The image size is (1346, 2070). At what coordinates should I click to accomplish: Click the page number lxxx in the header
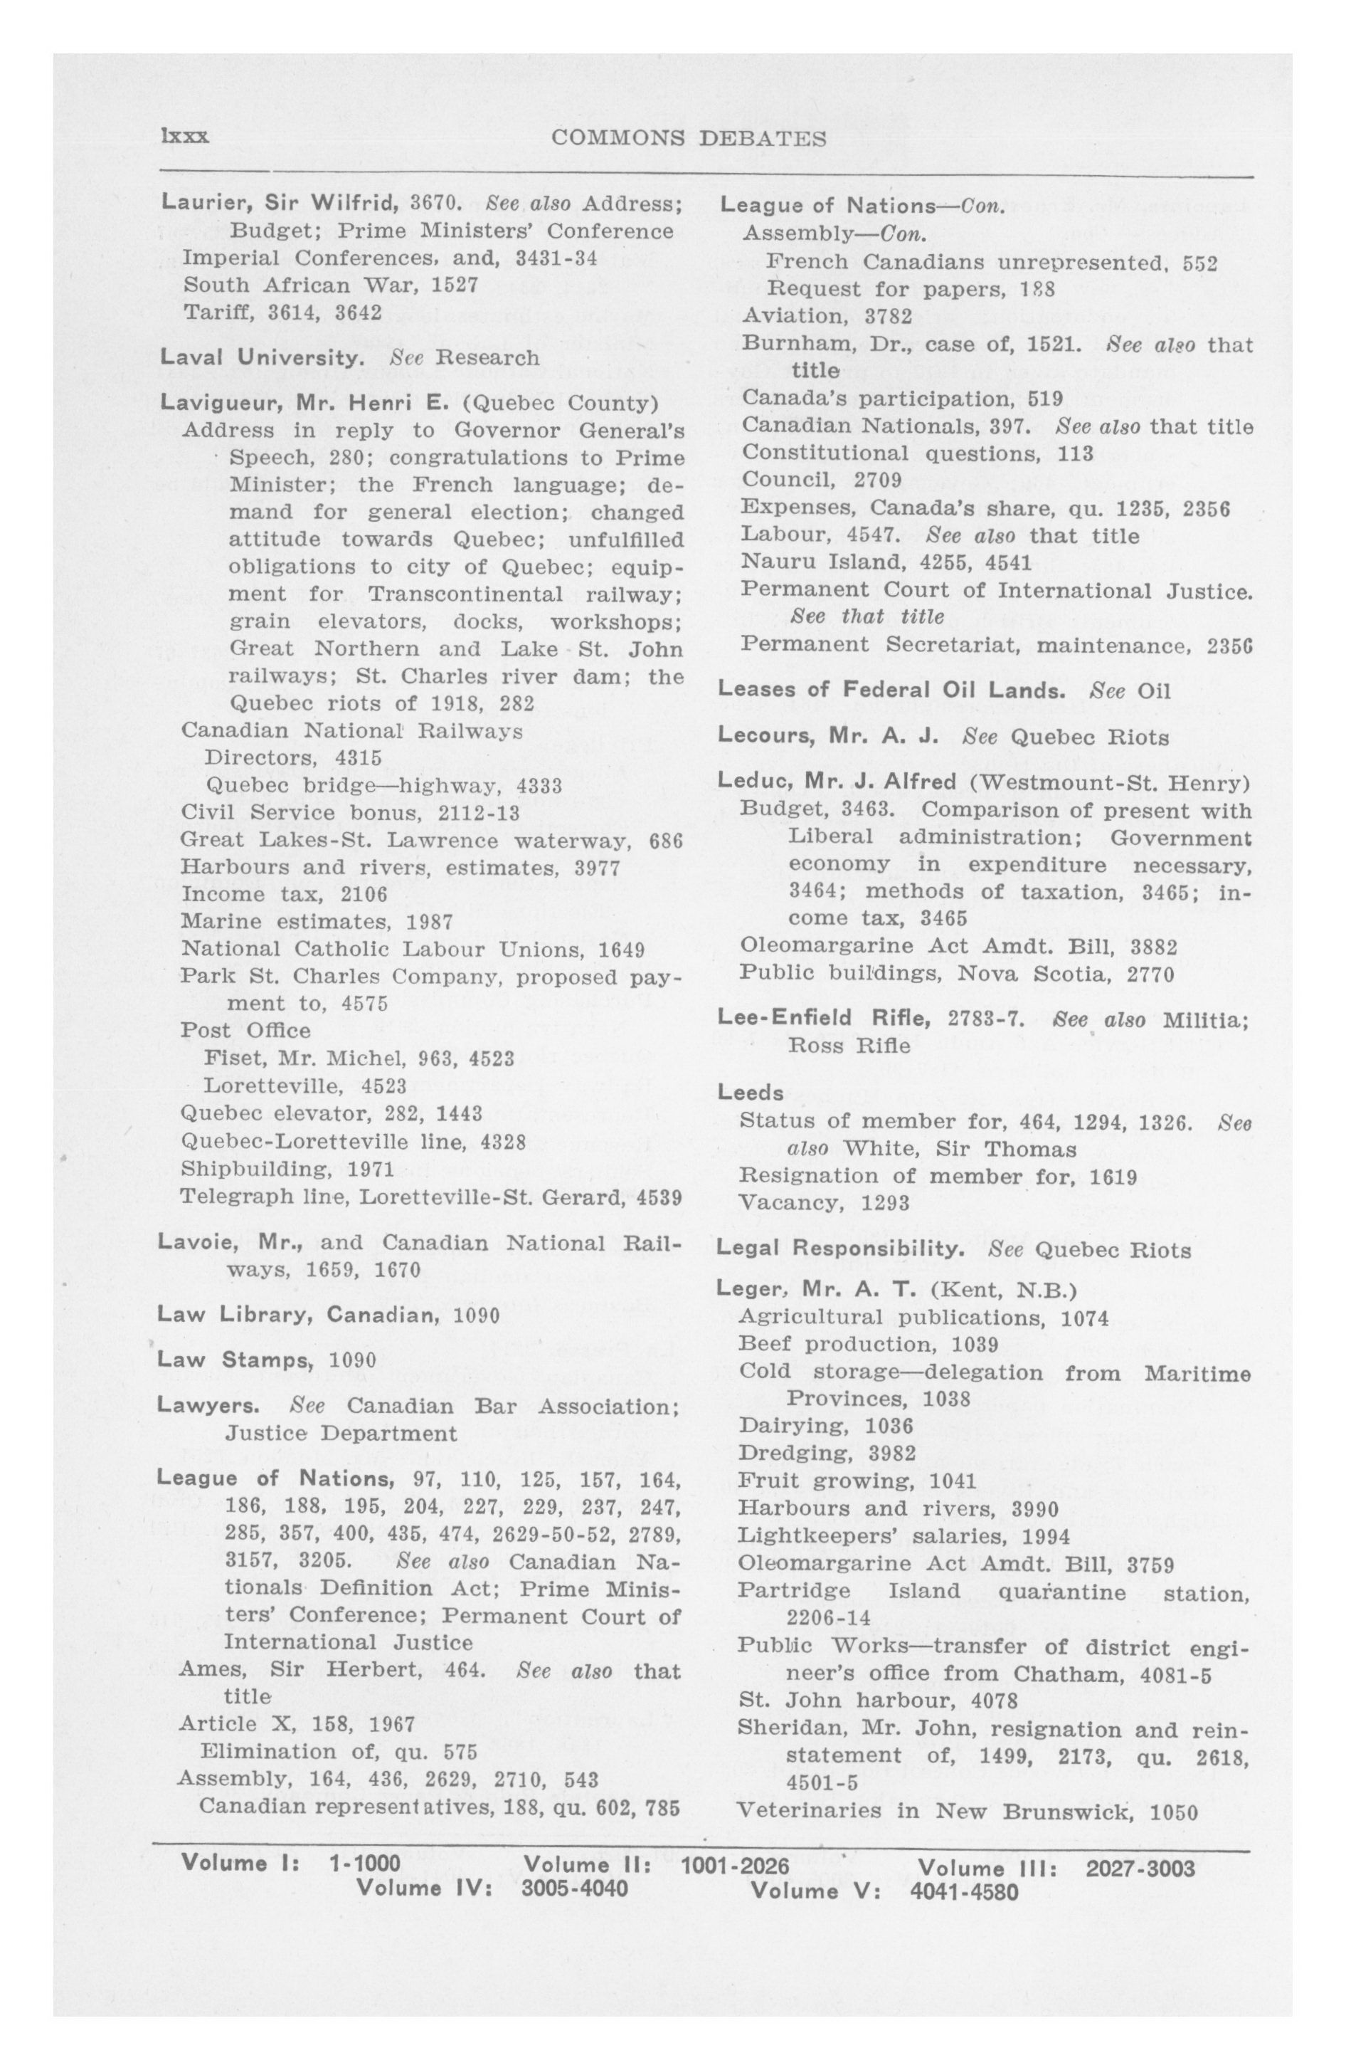[x=184, y=137]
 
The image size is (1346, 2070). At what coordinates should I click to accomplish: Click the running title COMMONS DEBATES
[x=689, y=138]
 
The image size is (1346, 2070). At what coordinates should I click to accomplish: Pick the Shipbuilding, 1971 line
[x=287, y=1168]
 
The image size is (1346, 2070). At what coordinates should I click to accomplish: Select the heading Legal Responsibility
[x=840, y=1249]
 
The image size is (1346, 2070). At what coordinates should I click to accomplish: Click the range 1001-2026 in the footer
[x=735, y=1866]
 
